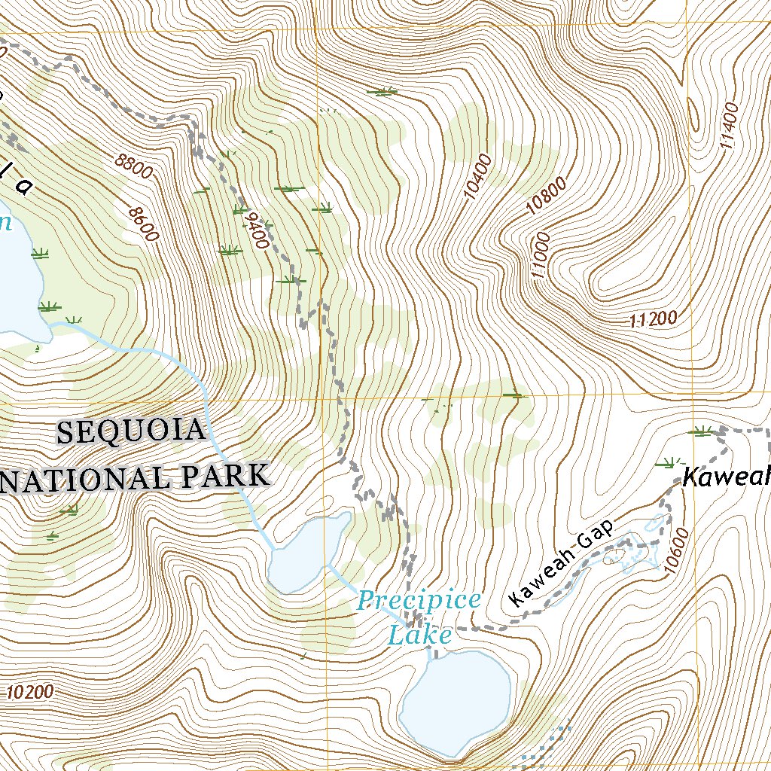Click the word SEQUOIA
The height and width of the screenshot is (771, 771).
(132, 432)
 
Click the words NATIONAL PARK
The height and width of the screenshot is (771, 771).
(136, 477)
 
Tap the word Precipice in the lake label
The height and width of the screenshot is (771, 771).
(418, 601)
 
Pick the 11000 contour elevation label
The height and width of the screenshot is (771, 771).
(541, 257)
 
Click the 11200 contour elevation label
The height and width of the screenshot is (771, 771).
(653, 319)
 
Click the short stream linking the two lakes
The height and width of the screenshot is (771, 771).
(345, 579)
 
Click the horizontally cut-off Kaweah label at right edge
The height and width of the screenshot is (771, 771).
(727, 476)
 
